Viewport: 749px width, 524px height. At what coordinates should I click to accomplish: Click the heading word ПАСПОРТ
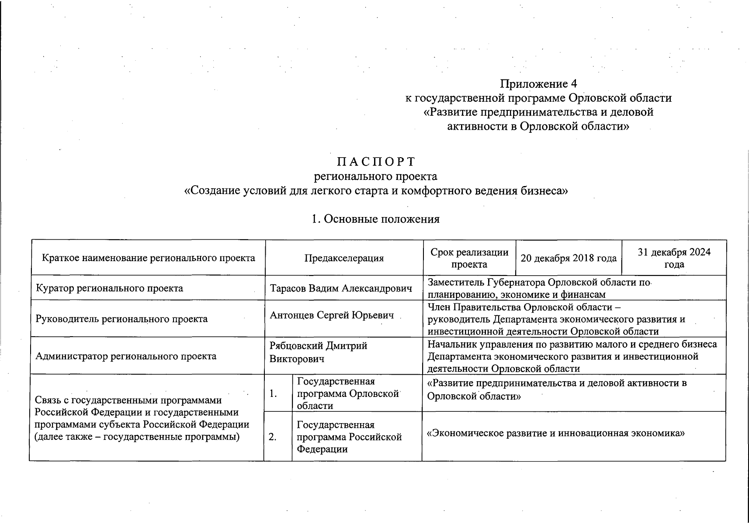[x=376, y=162]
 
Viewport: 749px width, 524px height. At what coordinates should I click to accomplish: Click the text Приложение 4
[x=539, y=83]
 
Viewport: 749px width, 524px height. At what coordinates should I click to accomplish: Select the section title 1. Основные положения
[x=375, y=219]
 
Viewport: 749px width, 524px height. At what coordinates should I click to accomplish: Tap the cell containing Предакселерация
[x=344, y=258]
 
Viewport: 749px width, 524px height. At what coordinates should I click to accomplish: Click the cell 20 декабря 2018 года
[x=569, y=258]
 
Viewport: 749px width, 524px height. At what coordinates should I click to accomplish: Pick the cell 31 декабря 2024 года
[x=674, y=258]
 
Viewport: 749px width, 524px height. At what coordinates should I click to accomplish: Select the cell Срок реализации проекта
[x=469, y=258]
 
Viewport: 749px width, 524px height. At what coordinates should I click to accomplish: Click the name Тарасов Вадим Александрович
[x=341, y=288]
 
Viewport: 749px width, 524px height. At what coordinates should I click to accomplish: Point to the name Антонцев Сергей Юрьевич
[x=332, y=315]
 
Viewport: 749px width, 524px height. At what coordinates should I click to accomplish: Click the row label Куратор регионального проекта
[x=109, y=288]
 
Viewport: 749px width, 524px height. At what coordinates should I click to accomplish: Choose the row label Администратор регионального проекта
[x=126, y=356]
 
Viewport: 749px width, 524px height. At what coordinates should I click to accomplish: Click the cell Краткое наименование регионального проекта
[x=149, y=258]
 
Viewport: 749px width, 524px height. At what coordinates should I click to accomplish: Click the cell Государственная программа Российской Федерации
[x=349, y=437]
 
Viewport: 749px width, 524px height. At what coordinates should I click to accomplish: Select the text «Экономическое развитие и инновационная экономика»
[x=555, y=433]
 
